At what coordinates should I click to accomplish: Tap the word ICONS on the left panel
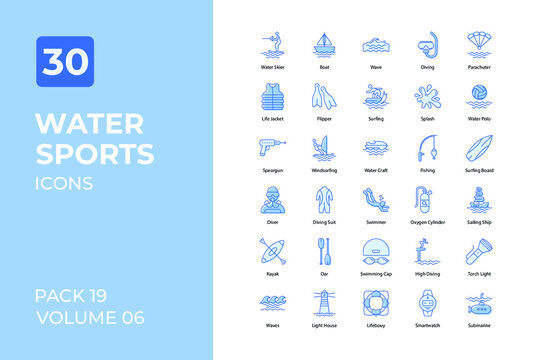[64, 183]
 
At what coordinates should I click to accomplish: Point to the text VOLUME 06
[89, 318]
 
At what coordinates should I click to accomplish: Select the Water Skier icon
[272, 46]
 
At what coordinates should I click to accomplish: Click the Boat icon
[324, 46]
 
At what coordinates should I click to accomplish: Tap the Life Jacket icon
[272, 97]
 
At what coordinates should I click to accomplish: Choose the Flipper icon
[324, 97]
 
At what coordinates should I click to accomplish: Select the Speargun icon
[272, 149]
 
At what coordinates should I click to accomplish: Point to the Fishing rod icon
[427, 149]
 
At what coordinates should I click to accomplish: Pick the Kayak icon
[272, 252]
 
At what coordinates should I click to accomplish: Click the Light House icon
[324, 303]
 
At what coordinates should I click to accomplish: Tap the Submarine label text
[479, 325]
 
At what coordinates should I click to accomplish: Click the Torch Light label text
[479, 273]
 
